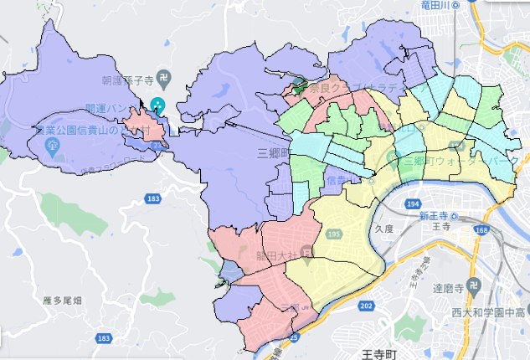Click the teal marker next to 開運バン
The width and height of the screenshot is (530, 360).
[x=159, y=105]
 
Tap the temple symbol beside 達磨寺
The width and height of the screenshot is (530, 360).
[x=473, y=286]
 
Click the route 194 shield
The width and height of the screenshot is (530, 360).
[x=413, y=204]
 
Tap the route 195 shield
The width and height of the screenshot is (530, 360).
[x=335, y=232]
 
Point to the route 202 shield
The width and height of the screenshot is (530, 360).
[x=365, y=306]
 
